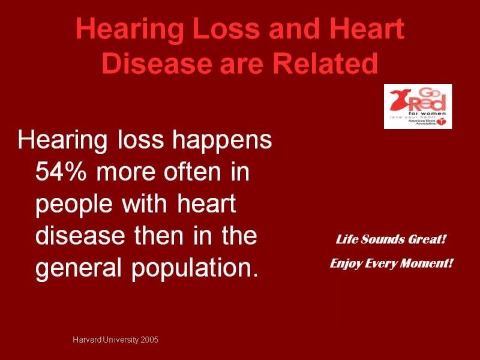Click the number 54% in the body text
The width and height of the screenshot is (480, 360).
pyautogui.click(x=61, y=172)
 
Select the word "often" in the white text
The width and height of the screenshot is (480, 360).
pyautogui.click(x=192, y=172)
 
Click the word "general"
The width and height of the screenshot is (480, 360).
pyautogui.click(x=79, y=268)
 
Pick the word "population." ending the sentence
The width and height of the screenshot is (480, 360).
pyautogui.click(x=196, y=268)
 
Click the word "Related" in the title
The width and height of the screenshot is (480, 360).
pyautogui.click(x=325, y=63)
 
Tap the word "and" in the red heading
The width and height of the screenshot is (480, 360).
pyautogui.click(x=294, y=28)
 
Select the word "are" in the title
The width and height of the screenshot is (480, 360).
pyautogui.click(x=242, y=65)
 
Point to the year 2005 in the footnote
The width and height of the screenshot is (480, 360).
pyautogui.click(x=149, y=340)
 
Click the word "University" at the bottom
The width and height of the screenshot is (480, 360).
pyautogui.click(x=121, y=340)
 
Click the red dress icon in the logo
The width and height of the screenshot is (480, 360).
pyautogui.click(x=399, y=99)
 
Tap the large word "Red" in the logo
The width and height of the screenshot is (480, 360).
pyautogui.click(x=427, y=104)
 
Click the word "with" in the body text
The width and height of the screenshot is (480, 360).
pyautogui.click(x=145, y=203)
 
